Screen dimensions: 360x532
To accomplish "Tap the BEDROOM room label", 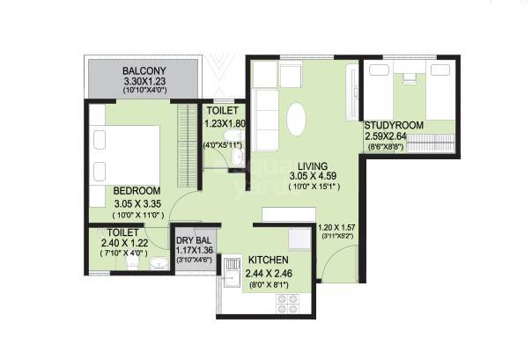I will point(136,191).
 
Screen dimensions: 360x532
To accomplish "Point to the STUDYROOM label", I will point(394,126).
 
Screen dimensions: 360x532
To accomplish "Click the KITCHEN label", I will point(269,261).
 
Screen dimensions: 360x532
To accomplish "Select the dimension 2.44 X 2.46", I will point(269,275).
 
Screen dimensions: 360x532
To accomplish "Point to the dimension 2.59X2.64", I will point(392,137).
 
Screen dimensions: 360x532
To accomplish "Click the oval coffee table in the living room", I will point(299,121).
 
